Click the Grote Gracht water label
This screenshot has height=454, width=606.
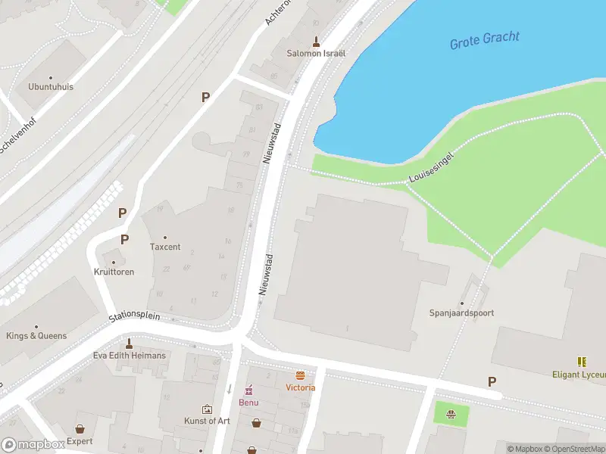point(485,40)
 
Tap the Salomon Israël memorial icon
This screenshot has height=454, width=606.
point(316,41)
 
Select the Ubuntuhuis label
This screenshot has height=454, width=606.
point(51,87)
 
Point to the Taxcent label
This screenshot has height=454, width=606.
point(165,247)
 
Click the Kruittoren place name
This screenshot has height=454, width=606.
point(114,272)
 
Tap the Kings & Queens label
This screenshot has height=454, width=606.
point(36,336)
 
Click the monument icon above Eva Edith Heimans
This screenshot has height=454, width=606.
point(129,343)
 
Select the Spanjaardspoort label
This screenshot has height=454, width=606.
point(461,313)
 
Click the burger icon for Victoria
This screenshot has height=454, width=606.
point(301,375)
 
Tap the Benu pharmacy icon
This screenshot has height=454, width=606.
point(248,390)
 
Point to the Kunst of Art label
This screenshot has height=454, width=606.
point(207,421)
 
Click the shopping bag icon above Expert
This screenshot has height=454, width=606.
point(80,428)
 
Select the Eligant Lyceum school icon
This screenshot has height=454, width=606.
point(582,362)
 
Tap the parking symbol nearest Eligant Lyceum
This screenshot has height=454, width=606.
point(492,382)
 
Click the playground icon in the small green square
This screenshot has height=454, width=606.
point(451,414)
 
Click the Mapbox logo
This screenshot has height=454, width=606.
point(33,445)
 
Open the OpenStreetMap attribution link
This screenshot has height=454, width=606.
point(571,449)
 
